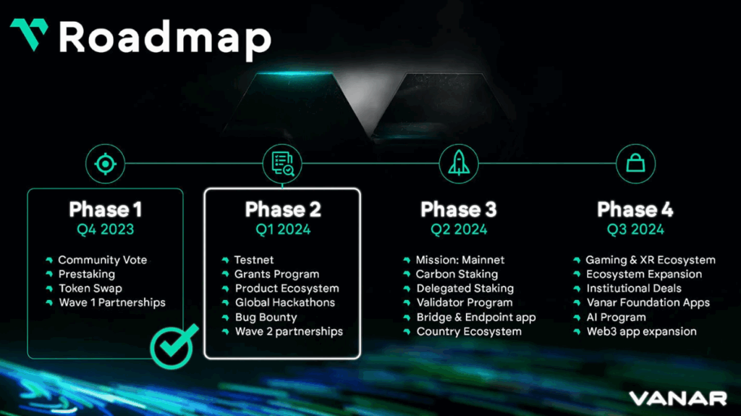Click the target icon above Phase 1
pyautogui.click(x=106, y=164)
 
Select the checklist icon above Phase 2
pyautogui.click(x=282, y=164)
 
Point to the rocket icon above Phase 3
pyautogui.click(x=459, y=164)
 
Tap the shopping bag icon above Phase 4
pyautogui.click(x=635, y=164)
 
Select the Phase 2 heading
pyautogui.click(x=282, y=210)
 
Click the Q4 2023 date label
pyautogui.click(x=106, y=230)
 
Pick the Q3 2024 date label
pyautogui.click(x=635, y=230)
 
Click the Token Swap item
pyautogui.click(x=90, y=288)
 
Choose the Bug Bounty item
pyautogui.click(x=266, y=317)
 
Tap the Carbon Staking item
pyautogui.click(x=457, y=274)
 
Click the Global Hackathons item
pyautogui.click(x=284, y=303)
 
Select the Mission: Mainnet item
pyautogui.click(x=460, y=259)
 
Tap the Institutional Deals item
pyautogui.click(x=633, y=288)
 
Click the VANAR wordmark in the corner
pyautogui.click(x=677, y=398)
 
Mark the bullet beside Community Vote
pyautogui.click(x=49, y=259)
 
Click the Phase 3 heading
pyautogui.click(x=459, y=210)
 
